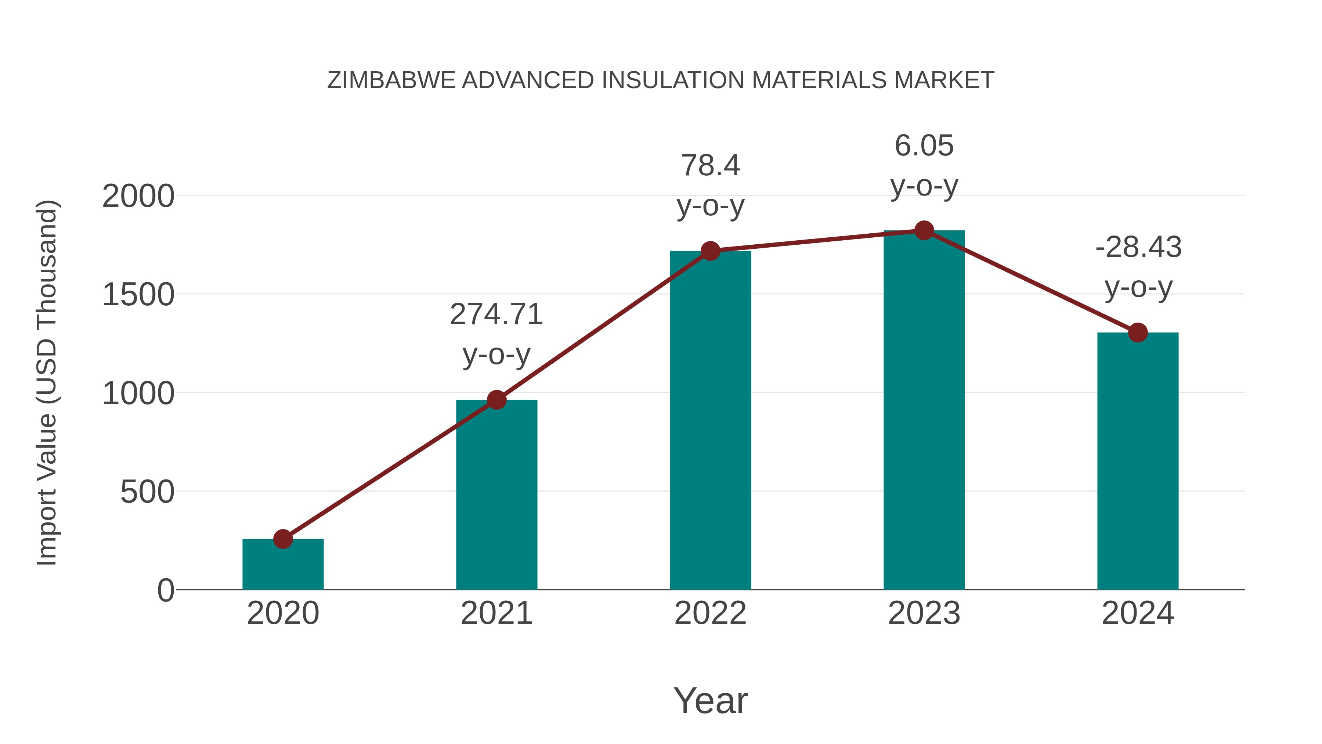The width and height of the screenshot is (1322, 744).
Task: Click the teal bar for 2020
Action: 283,565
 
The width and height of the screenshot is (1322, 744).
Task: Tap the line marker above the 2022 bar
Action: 710,251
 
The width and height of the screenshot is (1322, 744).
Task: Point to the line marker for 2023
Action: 924,230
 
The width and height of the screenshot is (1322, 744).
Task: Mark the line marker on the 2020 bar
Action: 283,539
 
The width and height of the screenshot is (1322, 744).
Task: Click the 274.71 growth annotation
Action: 496,314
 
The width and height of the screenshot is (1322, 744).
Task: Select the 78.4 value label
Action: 710,165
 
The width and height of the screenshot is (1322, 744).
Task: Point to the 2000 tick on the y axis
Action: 138,196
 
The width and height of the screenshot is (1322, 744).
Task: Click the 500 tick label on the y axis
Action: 147,492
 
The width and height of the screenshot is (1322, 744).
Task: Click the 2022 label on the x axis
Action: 710,613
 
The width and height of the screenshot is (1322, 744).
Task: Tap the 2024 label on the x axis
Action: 1138,613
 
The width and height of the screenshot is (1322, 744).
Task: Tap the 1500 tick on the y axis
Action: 138,295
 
